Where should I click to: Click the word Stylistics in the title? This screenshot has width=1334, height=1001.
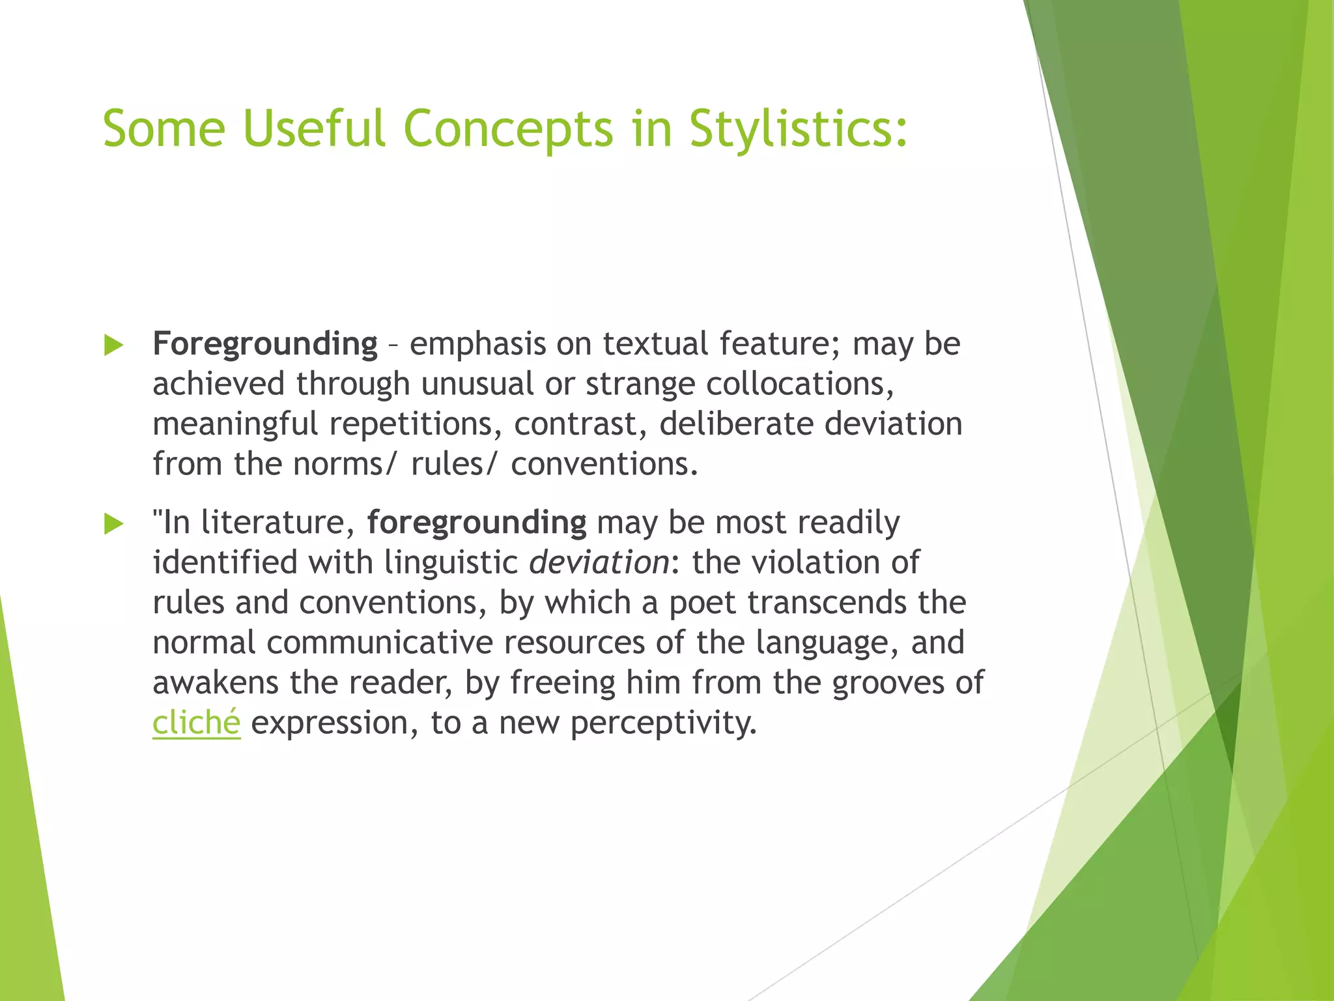797,129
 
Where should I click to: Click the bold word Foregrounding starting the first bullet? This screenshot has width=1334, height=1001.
264,344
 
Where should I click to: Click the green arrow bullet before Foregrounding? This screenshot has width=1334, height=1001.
113,345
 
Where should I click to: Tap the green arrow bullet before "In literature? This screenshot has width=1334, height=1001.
113,523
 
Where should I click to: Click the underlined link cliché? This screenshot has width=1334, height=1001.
196,723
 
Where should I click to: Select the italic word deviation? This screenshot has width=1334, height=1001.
599,562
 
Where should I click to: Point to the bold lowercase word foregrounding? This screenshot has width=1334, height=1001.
476,523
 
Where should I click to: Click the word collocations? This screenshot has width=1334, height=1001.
799,384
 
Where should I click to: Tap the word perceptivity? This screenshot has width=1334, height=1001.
663,723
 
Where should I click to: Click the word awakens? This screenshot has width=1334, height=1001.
216,683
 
